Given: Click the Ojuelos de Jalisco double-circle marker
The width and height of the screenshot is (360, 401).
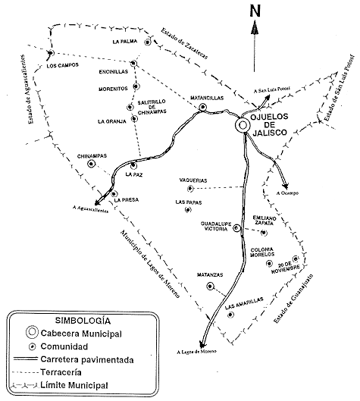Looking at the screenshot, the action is click(x=242, y=125).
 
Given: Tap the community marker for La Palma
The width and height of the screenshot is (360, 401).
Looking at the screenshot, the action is click(x=148, y=42).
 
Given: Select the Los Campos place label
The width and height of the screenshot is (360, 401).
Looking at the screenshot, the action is click(x=62, y=65).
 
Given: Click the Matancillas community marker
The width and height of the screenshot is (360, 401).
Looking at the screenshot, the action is click(x=202, y=107).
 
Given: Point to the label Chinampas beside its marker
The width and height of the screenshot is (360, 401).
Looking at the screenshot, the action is click(x=92, y=156).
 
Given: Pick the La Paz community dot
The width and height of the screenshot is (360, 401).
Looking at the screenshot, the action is click(x=133, y=166).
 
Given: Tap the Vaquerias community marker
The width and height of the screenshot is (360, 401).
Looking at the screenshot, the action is click(x=190, y=189).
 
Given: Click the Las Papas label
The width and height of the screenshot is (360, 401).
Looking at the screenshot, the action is click(x=189, y=202).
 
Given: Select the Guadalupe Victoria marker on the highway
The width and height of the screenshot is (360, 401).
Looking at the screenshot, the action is click(x=236, y=227).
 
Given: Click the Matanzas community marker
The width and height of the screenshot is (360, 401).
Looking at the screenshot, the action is click(x=210, y=287).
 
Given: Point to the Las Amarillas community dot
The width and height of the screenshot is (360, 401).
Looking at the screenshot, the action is click(x=230, y=315).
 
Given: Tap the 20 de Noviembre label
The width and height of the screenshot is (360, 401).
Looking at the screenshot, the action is click(x=286, y=268).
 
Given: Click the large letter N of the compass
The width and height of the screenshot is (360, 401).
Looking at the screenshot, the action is click(x=255, y=11).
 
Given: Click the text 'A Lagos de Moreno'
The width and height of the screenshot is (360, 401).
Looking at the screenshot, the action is click(x=196, y=352).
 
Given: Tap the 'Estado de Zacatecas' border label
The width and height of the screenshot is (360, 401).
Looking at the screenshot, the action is click(x=184, y=43).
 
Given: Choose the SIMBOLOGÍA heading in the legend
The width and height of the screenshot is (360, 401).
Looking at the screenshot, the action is click(x=83, y=321).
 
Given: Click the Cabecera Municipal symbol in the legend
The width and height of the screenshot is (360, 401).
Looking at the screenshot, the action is click(x=32, y=332).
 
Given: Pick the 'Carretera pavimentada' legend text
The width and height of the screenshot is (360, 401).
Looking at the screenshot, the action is click(x=87, y=359).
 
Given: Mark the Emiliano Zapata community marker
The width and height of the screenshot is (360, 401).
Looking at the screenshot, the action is click(x=264, y=233).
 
